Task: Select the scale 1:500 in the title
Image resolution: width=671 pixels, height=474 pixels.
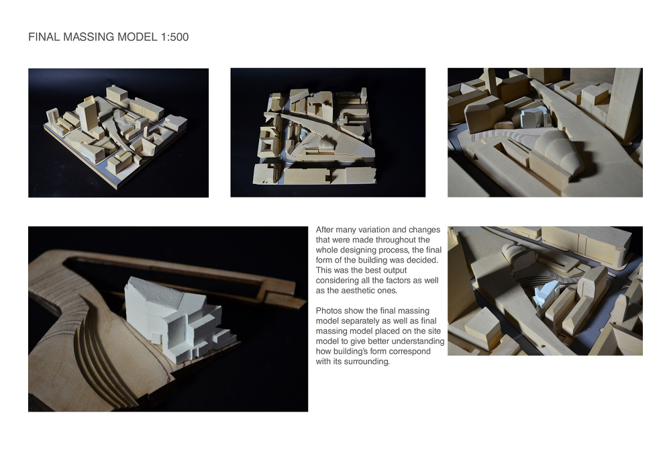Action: (174, 38)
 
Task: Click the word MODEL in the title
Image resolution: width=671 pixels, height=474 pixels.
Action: (137, 38)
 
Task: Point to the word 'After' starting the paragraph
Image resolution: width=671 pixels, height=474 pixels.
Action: (325, 230)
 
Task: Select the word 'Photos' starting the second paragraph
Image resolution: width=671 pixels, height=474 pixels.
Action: (329, 312)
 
